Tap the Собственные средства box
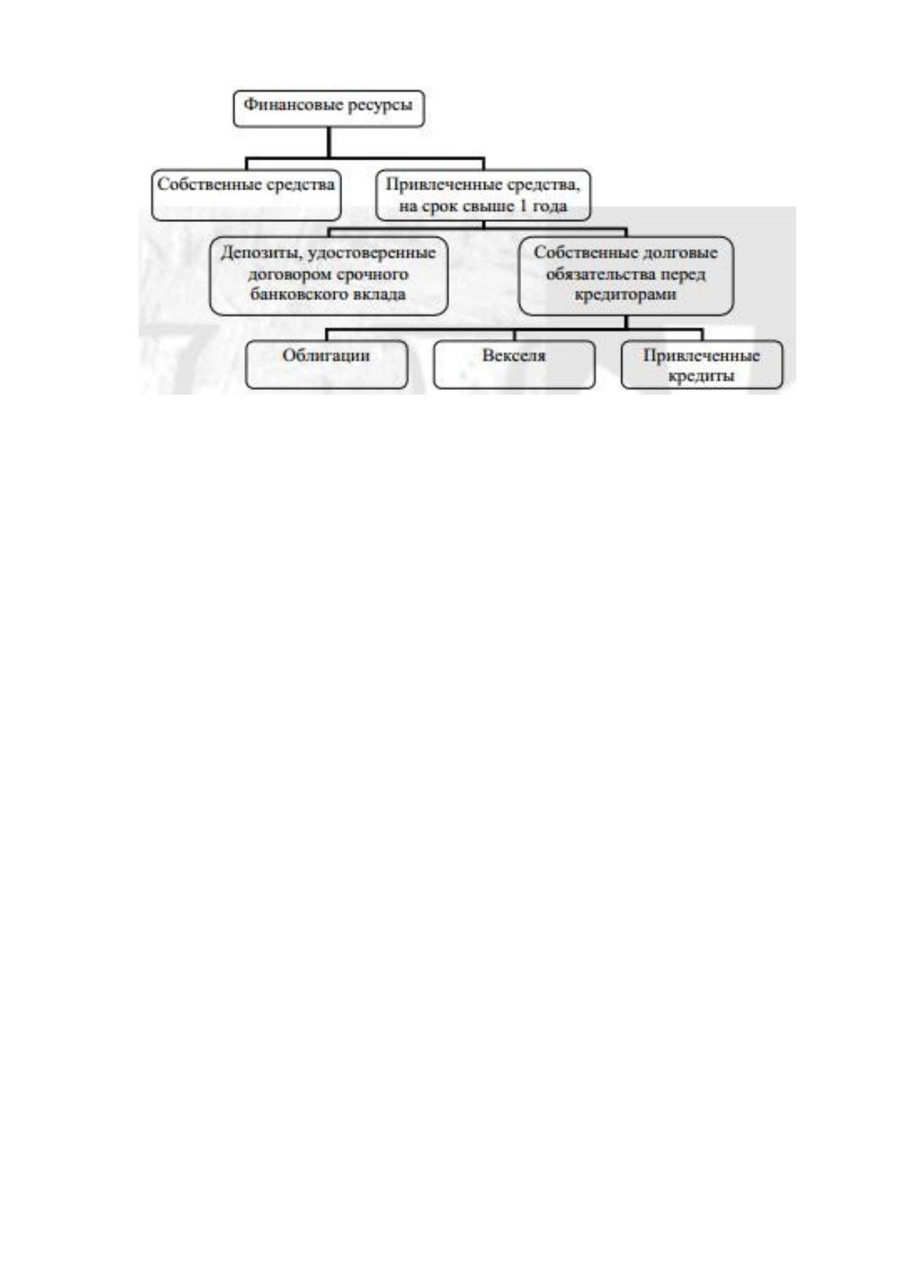[x=246, y=195]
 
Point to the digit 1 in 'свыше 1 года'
[x=523, y=205]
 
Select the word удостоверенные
[x=371, y=254]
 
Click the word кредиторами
[x=626, y=295]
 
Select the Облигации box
[x=326, y=364]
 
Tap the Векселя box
[x=514, y=364]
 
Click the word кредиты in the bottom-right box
[x=701, y=376]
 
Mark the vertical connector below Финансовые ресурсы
[x=329, y=142]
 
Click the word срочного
[x=371, y=274]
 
